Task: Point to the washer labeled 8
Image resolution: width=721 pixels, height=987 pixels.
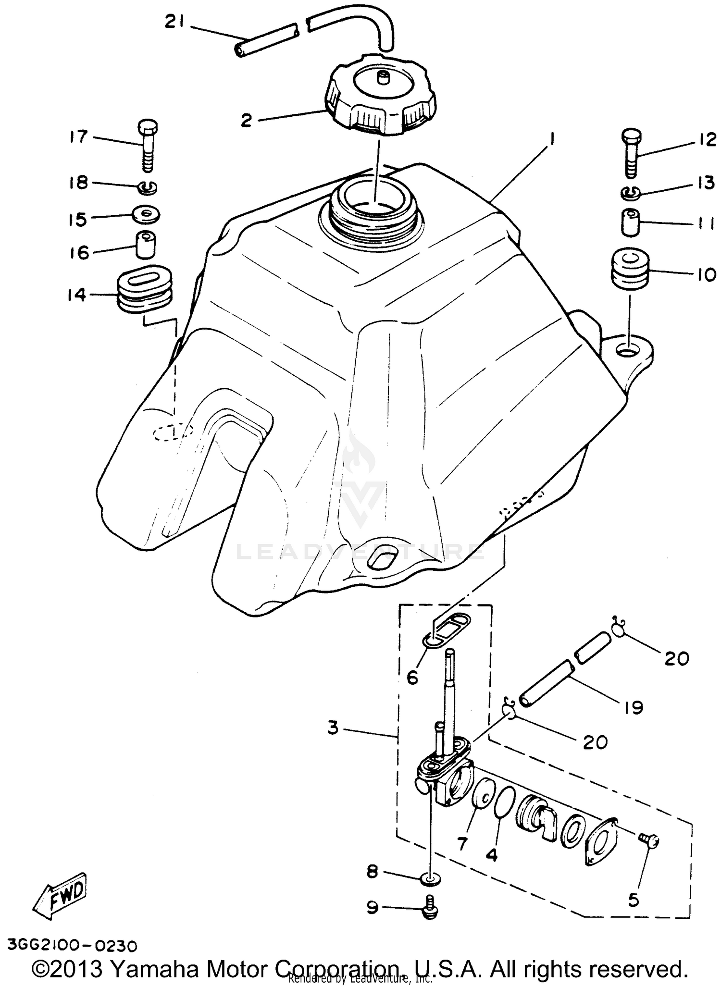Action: point(430,879)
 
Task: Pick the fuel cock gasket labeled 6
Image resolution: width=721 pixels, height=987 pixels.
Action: point(448,632)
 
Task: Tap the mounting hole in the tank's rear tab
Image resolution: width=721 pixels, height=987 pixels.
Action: point(629,351)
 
